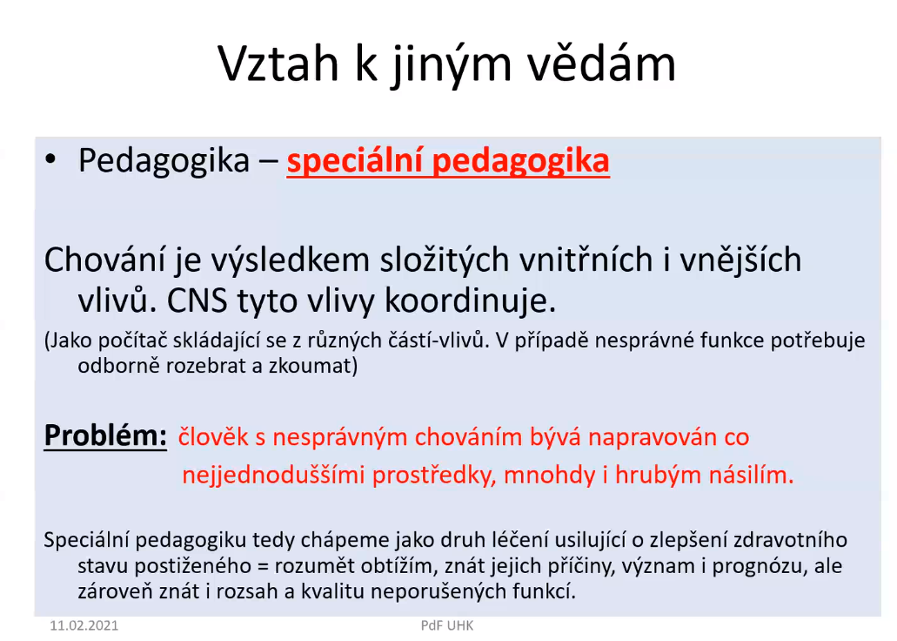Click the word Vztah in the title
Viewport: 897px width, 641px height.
(x=278, y=64)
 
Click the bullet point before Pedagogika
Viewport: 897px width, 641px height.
(x=50, y=160)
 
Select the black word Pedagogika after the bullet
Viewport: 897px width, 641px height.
(x=164, y=161)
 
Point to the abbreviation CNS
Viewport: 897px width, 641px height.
(x=197, y=300)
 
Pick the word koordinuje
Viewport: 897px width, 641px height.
(x=470, y=300)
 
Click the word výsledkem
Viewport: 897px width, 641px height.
(x=291, y=260)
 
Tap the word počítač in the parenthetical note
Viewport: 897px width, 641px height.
(x=133, y=341)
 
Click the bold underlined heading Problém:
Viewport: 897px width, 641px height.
(x=105, y=435)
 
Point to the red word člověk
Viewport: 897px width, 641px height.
(x=213, y=437)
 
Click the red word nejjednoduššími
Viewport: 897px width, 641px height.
(x=273, y=476)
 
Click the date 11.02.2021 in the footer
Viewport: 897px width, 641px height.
(x=84, y=625)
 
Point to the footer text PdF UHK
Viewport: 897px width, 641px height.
(x=447, y=625)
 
